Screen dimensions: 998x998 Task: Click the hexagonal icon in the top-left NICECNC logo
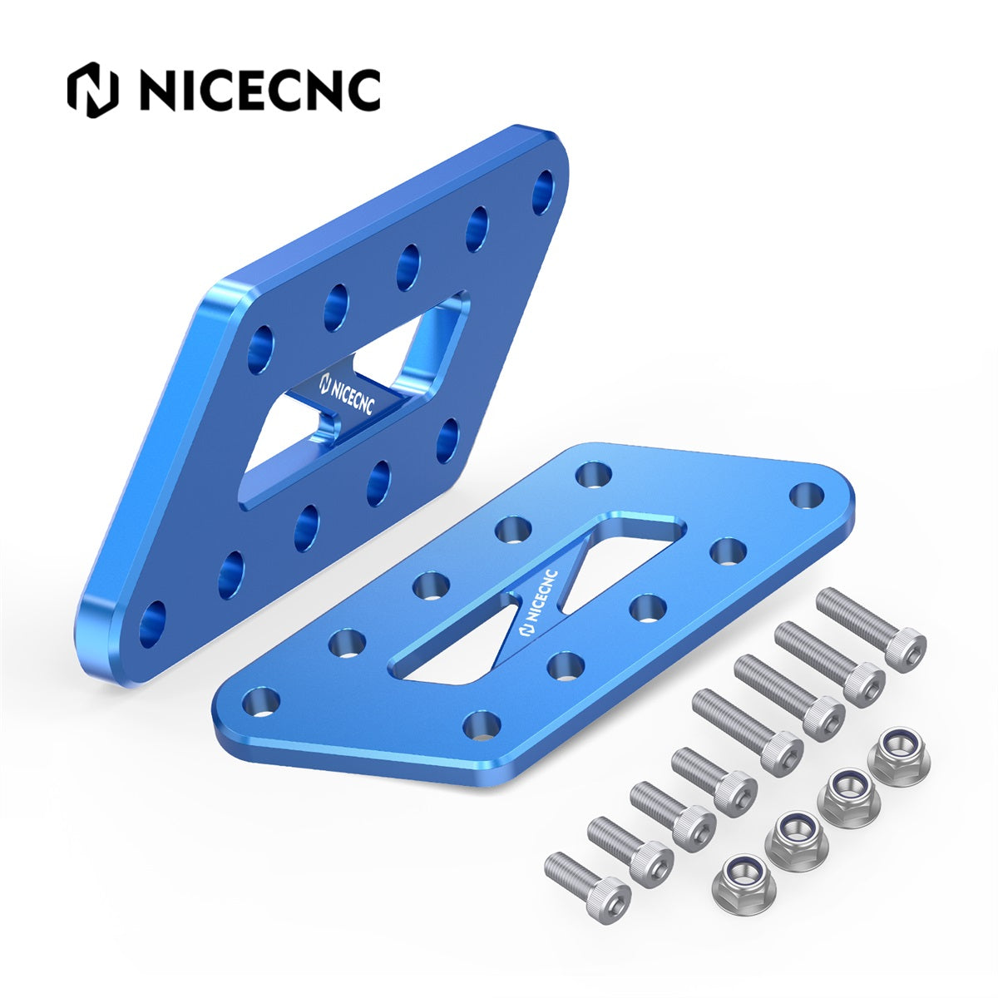pyautogui.click(x=91, y=90)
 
